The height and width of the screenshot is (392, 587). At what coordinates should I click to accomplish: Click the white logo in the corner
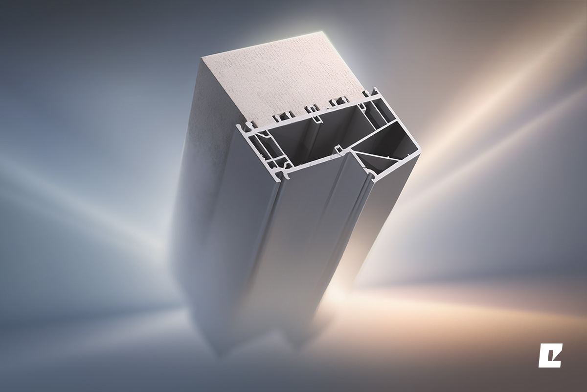(550, 356)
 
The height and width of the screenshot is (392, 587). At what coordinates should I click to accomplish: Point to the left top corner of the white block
(203, 58)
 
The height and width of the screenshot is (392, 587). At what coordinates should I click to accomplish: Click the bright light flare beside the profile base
(342, 289)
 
